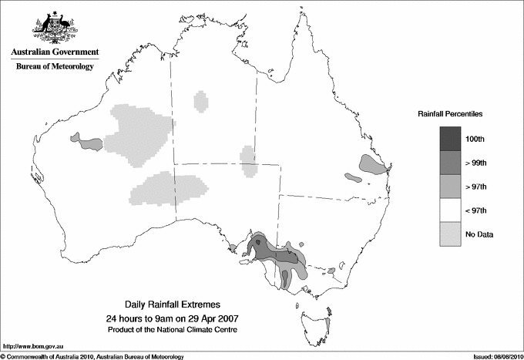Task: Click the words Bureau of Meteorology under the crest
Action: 54,67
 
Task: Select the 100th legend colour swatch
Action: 450,139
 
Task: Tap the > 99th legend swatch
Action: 450,163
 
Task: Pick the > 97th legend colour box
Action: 450,187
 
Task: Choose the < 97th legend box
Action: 450,210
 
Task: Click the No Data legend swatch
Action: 450,234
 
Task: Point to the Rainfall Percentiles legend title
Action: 450,114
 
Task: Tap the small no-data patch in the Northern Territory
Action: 202,101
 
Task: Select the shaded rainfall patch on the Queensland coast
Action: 372,165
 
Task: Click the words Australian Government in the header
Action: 54,52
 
